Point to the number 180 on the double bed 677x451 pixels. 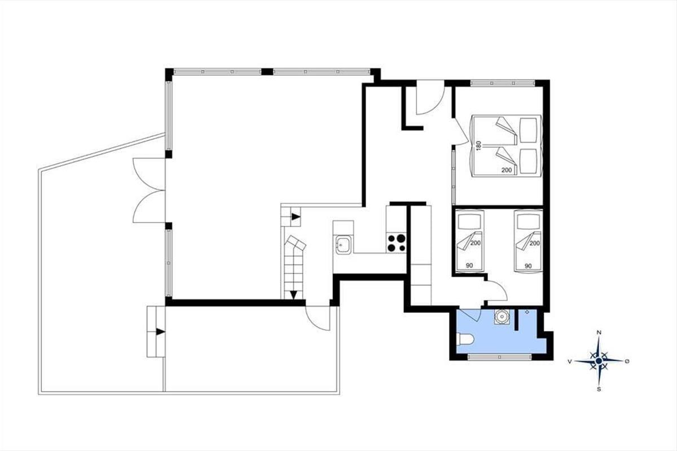478,145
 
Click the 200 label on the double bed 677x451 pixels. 507,170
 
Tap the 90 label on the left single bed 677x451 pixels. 469,266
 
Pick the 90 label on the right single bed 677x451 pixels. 528,266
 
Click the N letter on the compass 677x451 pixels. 599,333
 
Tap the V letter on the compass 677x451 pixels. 570,361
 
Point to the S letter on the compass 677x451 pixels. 599,390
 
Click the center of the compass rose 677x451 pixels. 599,361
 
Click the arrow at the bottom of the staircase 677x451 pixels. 293,294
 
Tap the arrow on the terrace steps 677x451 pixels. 160,331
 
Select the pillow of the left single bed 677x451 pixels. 469,222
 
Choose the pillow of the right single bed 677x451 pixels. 528,222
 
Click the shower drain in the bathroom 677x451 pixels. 527,312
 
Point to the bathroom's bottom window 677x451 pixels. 500,357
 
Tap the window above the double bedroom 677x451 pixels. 503,83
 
